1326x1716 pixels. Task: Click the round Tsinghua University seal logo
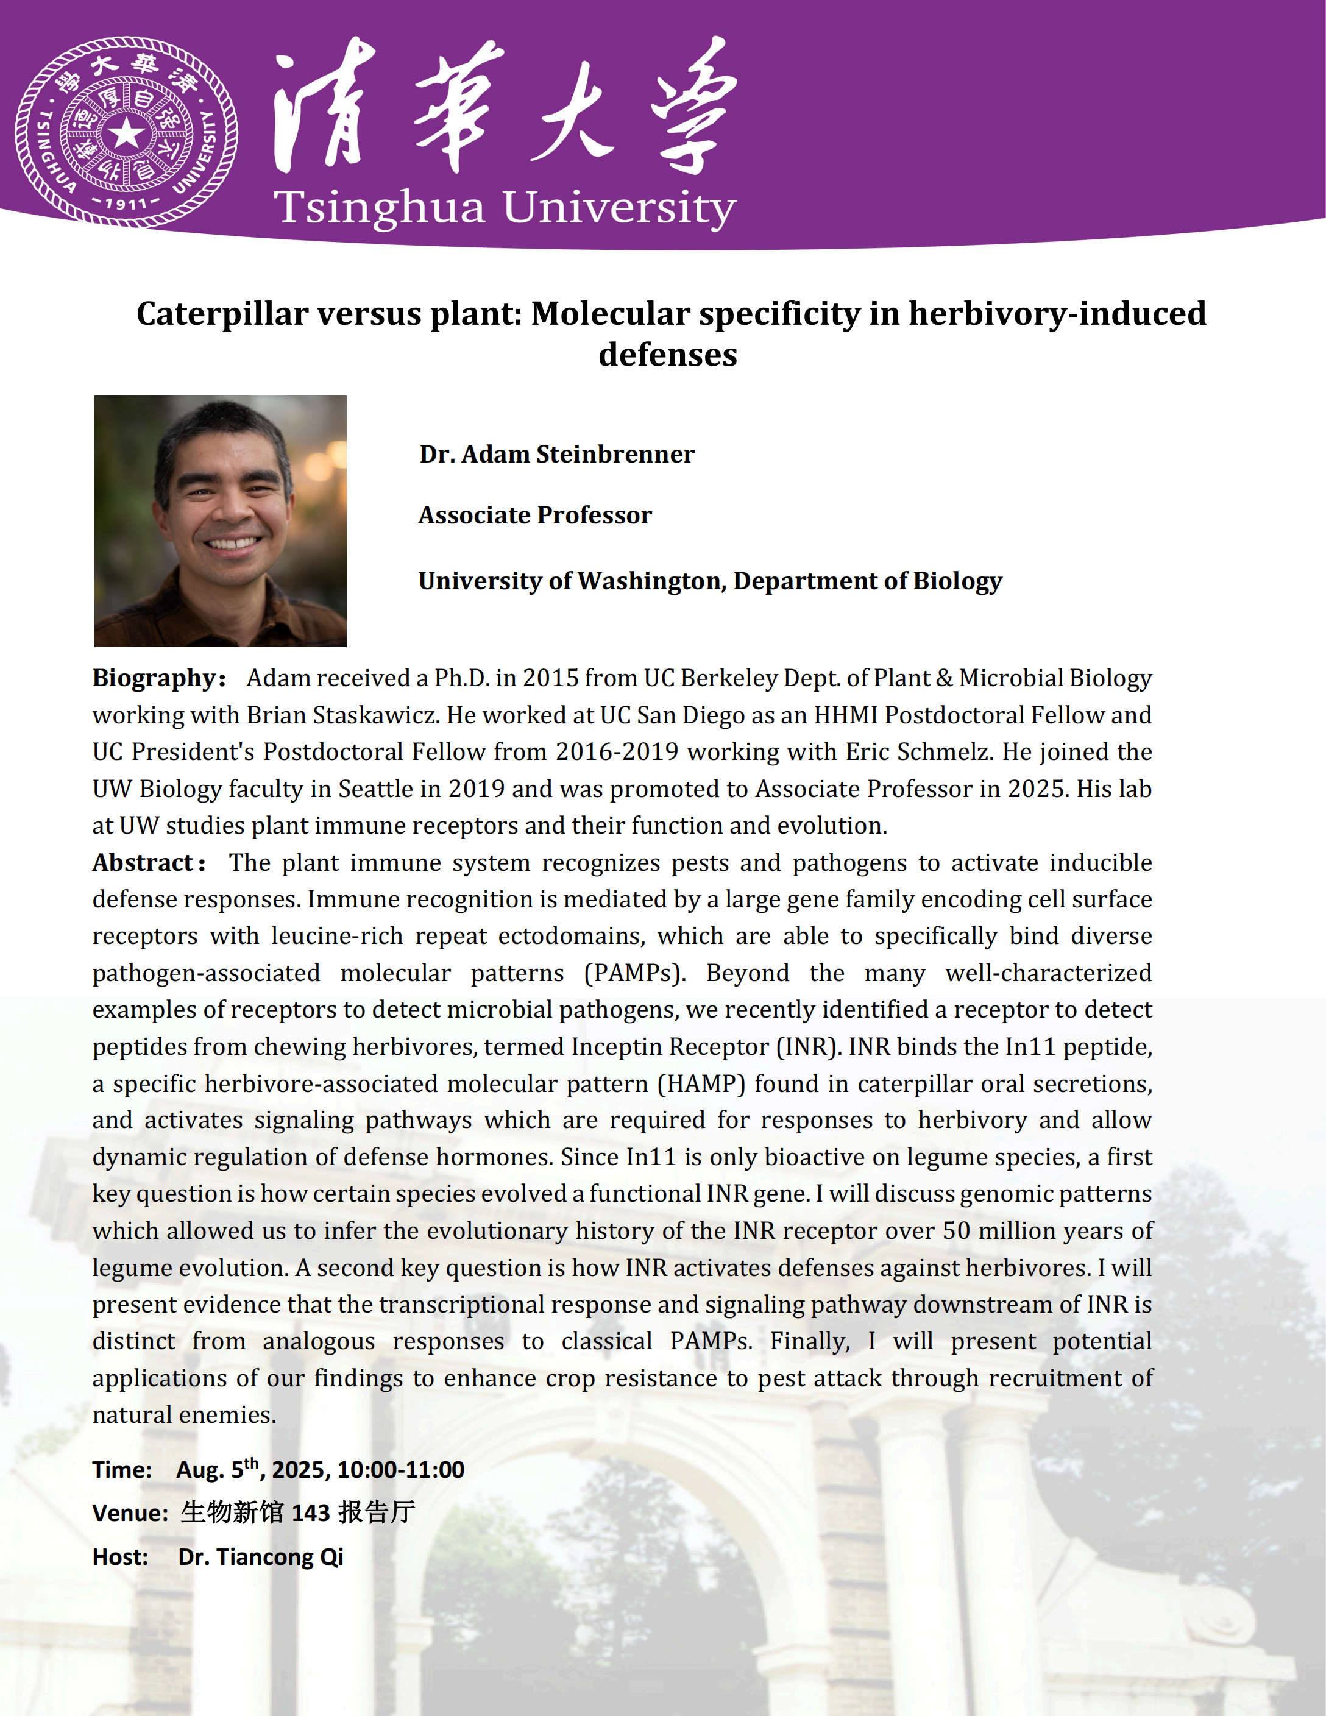point(126,132)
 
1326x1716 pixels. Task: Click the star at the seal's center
point(126,133)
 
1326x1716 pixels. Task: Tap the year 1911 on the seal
point(126,204)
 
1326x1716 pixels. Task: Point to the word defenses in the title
point(668,355)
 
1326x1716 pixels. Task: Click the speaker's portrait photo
point(220,521)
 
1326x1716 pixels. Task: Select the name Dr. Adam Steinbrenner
point(556,454)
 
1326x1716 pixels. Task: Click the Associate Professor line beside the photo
point(535,516)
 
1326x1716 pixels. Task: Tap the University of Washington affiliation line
point(710,581)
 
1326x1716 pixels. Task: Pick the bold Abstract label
point(144,863)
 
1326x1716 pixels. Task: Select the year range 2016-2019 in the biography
point(617,752)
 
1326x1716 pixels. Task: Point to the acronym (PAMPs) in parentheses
point(635,973)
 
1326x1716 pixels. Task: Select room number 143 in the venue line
point(310,1512)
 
